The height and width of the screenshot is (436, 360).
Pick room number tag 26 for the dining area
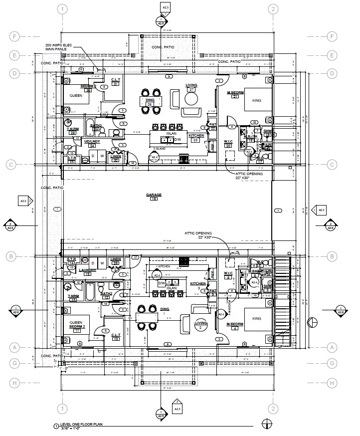pyautogui.click(x=149, y=104)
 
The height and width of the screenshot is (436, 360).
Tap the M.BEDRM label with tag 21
pyautogui.click(x=235, y=93)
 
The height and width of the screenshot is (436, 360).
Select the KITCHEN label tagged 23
pyautogui.click(x=195, y=136)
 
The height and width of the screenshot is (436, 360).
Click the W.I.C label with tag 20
pyautogui.click(x=228, y=142)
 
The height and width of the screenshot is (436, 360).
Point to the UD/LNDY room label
pyautogui.click(x=92, y=142)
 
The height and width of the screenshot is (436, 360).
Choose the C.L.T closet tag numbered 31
pyautogui.click(x=115, y=84)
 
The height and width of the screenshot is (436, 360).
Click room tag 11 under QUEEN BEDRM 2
pyautogui.click(x=77, y=330)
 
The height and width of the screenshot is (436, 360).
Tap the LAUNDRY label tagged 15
pyautogui.click(x=87, y=270)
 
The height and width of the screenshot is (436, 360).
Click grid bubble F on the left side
pyautogui.click(x=15, y=36)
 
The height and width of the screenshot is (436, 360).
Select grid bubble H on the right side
pyautogui.click(x=332, y=383)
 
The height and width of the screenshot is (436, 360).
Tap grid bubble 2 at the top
pyautogui.click(x=273, y=9)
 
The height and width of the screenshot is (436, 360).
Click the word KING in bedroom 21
pyautogui.click(x=257, y=100)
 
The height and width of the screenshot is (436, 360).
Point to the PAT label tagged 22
pyautogui.click(x=212, y=125)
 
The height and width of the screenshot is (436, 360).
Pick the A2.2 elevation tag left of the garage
pyautogui.click(x=23, y=202)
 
